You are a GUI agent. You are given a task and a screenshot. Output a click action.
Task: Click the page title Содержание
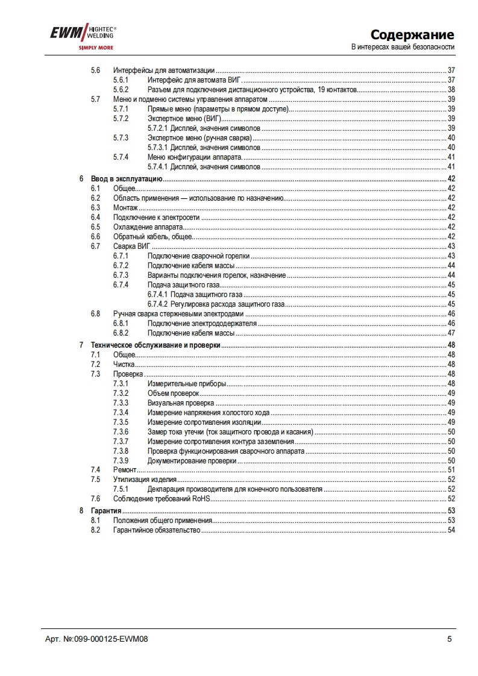pos(412,34)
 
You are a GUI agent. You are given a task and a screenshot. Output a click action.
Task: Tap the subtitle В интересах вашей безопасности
pos(403,47)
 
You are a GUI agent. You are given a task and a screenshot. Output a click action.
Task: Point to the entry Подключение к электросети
pos(157,218)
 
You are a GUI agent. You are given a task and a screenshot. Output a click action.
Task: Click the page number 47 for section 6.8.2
pos(451,333)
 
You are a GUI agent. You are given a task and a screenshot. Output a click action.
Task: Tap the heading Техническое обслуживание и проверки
pos(155,345)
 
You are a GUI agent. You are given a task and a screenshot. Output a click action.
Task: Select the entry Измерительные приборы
pos(186,384)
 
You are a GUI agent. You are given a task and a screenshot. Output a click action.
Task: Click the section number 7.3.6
pos(121,432)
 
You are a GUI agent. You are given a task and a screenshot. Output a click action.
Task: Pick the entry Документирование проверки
pos(192,461)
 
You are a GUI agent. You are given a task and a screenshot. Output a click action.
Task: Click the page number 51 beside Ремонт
pos(451,470)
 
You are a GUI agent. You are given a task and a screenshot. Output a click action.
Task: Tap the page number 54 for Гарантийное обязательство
pos(451,530)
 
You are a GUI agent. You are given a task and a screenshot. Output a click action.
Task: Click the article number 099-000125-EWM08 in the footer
pos(105,639)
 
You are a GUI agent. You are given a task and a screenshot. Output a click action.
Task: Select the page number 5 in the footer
pos(449,639)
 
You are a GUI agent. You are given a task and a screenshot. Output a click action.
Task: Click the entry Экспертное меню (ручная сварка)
pos(190,138)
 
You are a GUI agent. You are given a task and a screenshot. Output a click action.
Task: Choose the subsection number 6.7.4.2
pos(158,304)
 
